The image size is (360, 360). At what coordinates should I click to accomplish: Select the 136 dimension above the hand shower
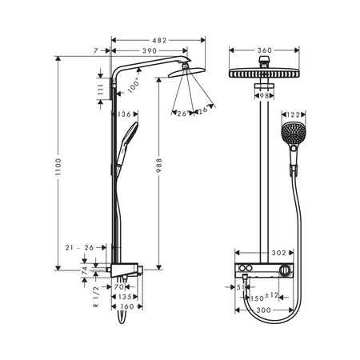124,114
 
